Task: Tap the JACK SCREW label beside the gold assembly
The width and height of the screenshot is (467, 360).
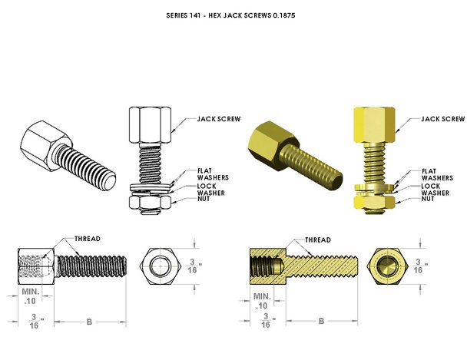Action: tap(443, 120)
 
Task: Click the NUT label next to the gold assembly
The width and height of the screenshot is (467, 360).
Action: tap(428, 200)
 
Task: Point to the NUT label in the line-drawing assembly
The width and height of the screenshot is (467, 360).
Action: tap(204, 200)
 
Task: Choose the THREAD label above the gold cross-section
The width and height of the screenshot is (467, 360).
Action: tap(318, 240)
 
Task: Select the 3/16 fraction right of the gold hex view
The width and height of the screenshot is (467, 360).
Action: tap(419, 266)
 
